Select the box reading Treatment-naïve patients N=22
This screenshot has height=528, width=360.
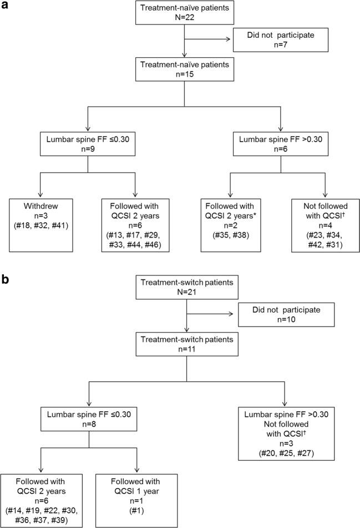183,15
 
